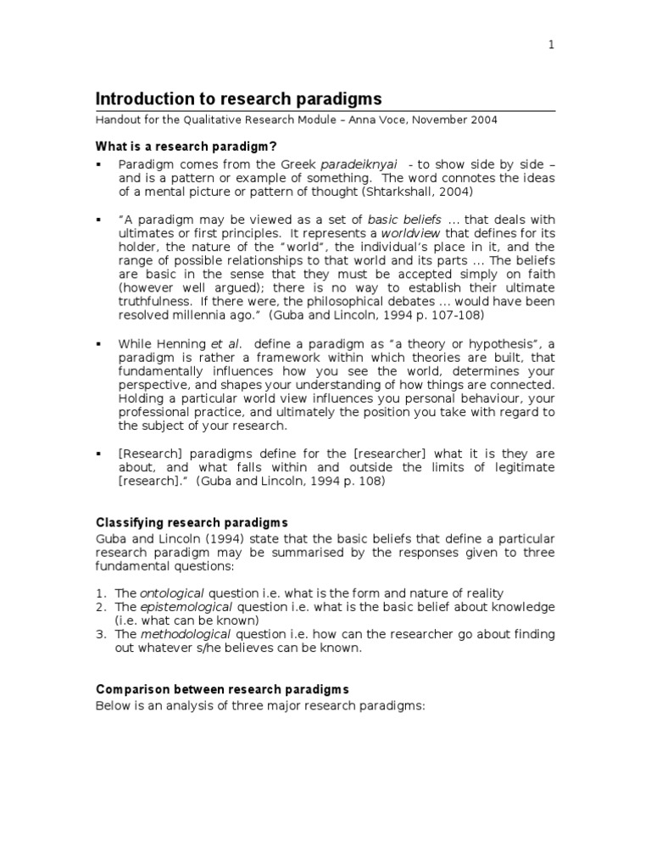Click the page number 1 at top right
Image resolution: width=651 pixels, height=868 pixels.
[551, 46]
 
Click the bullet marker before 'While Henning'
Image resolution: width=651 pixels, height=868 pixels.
[99, 343]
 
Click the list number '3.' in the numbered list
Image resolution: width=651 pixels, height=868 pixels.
[101, 634]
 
